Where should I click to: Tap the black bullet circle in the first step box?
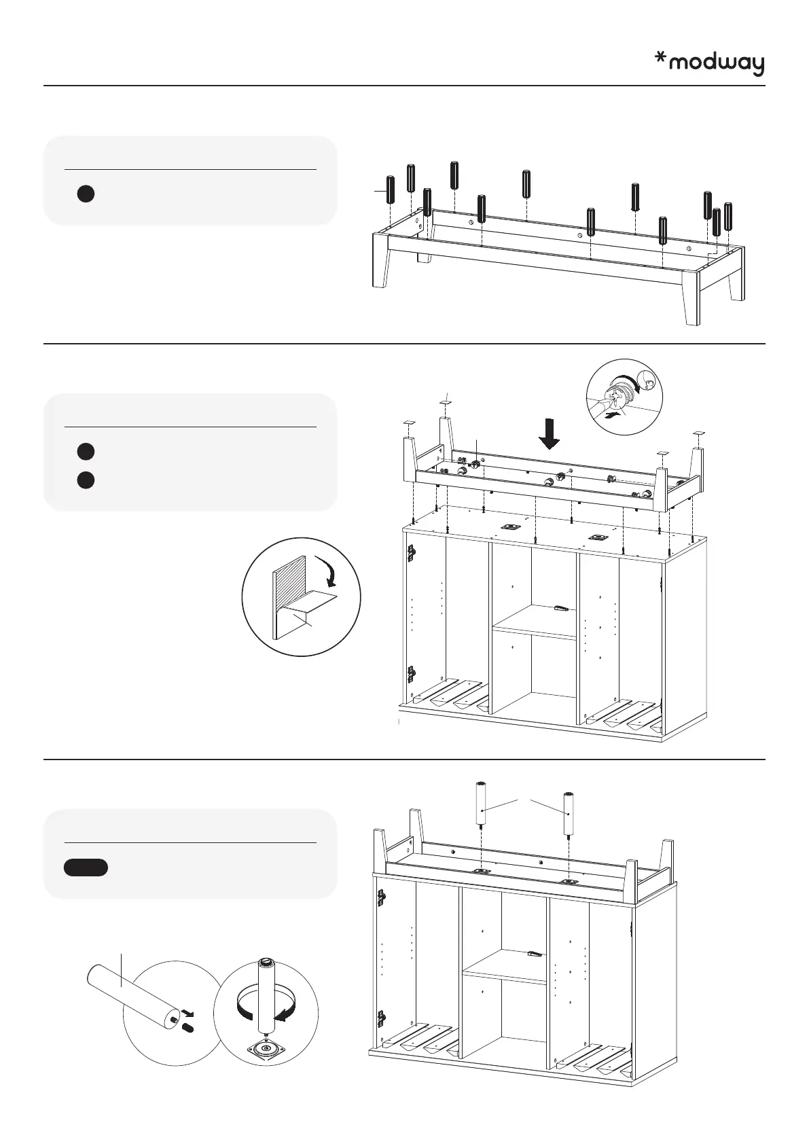tap(84, 194)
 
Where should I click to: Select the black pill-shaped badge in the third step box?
tap(86, 868)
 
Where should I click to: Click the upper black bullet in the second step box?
tap(84, 451)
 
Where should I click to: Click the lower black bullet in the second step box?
tap(84, 480)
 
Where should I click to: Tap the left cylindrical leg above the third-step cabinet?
tap(481, 804)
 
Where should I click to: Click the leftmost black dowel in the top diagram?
tap(391, 189)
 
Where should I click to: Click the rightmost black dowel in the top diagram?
tap(728, 215)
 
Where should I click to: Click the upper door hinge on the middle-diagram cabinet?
tap(410, 554)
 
